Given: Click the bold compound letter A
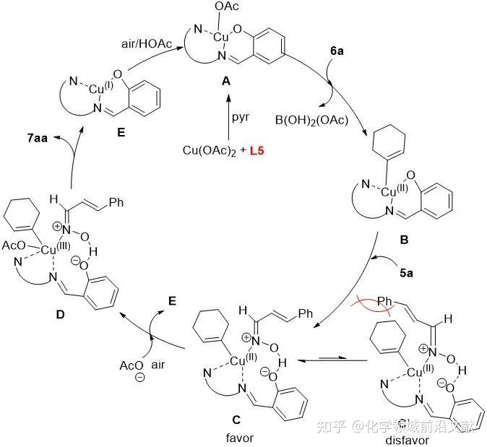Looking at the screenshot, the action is [226, 82].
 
